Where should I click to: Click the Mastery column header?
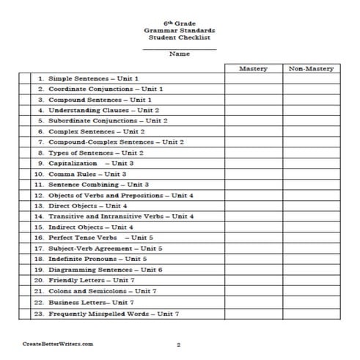[254, 67]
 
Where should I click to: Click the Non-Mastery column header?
[312, 67]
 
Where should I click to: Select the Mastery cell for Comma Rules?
[254, 174]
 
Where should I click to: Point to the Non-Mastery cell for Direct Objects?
[312, 206]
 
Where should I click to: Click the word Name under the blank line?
[179, 53]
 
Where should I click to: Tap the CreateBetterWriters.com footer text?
[58, 343]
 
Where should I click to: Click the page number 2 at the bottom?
[179, 343]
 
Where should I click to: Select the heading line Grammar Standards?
[180, 31]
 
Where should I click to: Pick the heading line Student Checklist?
[180, 38]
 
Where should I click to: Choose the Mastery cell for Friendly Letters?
[254, 280]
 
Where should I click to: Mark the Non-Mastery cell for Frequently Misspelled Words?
[312, 313]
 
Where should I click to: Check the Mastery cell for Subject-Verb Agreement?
[254, 249]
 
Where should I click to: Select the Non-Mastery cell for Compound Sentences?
[312, 99]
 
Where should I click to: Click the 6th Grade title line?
[180, 23]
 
